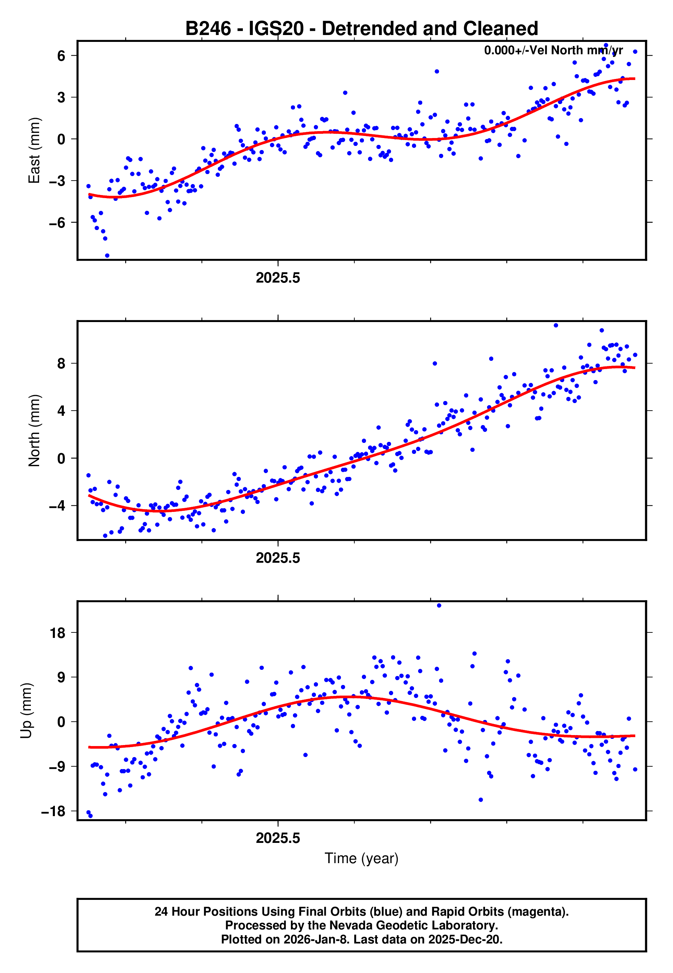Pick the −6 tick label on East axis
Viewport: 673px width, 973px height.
(57, 222)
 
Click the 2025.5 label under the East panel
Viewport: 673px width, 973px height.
(278, 278)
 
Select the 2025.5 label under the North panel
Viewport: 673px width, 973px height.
(278, 558)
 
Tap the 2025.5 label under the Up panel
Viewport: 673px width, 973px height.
(278, 838)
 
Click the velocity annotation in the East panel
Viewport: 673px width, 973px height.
(553, 50)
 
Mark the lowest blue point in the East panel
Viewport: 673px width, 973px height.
(107, 256)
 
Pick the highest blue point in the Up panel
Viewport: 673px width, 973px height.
(439, 606)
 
